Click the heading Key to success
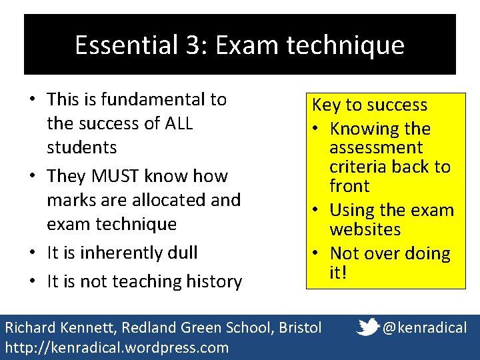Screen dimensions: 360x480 tap(370, 105)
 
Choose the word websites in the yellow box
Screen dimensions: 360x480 tap(365, 229)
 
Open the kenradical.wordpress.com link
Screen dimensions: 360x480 tap(117, 347)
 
